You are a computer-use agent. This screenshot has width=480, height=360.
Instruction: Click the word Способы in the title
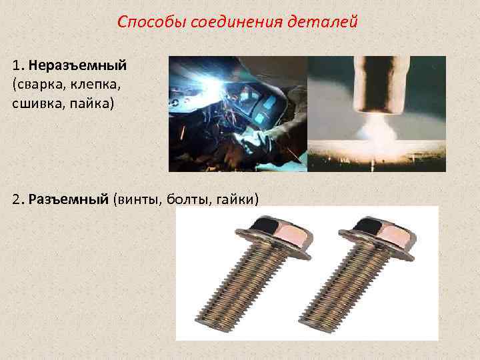[x=151, y=22]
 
